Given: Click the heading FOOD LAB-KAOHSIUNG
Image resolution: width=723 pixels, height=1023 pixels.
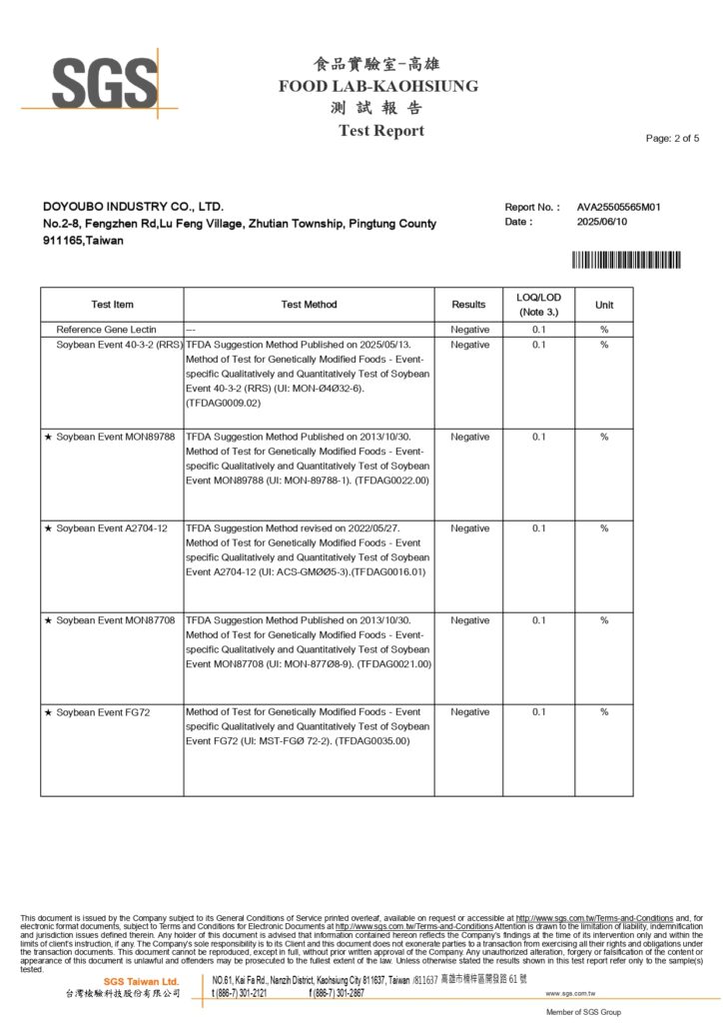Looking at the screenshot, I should (378, 86).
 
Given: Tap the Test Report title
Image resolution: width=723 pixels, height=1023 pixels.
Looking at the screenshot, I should (380, 131).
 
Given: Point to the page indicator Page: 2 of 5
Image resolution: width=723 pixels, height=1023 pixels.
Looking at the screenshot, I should (672, 138).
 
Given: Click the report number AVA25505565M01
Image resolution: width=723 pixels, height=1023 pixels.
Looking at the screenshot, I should (619, 207).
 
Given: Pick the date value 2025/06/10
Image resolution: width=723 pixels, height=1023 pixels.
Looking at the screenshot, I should (603, 222).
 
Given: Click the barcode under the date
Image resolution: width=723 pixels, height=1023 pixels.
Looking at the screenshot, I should (626, 260).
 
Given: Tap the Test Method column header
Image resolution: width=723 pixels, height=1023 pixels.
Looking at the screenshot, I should (309, 305).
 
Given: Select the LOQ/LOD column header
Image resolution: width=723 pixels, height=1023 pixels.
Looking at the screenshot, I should (539, 304).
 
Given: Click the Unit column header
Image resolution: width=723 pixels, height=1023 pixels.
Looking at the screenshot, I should (604, 305).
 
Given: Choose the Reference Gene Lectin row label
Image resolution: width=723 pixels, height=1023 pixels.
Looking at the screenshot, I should (106, 329).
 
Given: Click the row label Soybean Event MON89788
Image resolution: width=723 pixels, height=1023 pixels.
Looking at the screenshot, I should (116, 437).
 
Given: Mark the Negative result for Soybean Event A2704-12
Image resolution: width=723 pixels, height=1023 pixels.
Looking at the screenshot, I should (469, 528).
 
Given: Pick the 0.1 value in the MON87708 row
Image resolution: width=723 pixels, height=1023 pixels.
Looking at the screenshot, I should (539, 620).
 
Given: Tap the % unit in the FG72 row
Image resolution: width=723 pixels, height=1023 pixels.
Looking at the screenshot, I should (604, 712).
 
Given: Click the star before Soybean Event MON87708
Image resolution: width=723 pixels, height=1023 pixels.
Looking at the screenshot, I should (48, 620).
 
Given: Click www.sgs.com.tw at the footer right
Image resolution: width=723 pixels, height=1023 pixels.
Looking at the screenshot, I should (570, 994).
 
